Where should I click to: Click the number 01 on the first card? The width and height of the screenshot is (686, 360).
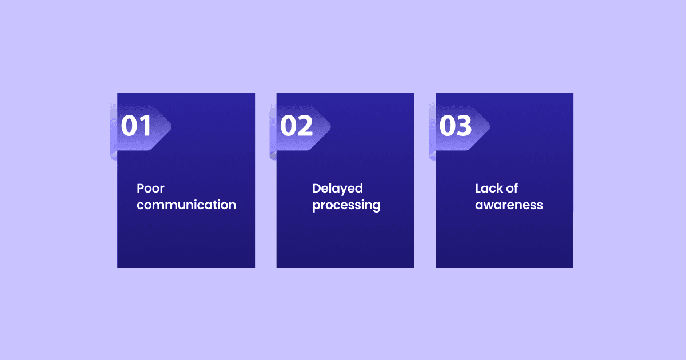pos(136,126)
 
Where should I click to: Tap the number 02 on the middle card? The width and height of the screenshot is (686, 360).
pos(297,126)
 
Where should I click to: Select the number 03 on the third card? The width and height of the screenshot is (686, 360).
pos(456,126)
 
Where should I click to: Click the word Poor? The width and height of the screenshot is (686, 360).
pos(151,188)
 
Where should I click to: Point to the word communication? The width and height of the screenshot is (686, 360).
pos(186,205)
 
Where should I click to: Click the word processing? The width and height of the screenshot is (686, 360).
pos(346,205)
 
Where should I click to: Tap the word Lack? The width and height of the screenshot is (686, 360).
pos(489,188)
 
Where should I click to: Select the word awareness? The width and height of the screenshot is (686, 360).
pos(509,205)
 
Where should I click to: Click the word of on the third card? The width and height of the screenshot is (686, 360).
pos(512,188)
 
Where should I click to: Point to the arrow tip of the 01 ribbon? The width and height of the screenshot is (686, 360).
pos(171,126)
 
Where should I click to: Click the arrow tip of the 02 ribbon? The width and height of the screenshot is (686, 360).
pos(330,126)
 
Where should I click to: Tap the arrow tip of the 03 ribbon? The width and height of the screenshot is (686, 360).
pos(489,126)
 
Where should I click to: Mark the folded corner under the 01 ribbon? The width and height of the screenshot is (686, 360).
pos(114,156)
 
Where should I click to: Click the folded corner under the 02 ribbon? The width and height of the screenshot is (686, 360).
pos(273,156)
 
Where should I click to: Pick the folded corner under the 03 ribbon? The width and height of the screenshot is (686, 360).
pos(433,156)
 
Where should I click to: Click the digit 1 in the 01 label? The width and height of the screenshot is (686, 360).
pos(145,126)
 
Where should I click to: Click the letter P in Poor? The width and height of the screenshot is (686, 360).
pos(140,188)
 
